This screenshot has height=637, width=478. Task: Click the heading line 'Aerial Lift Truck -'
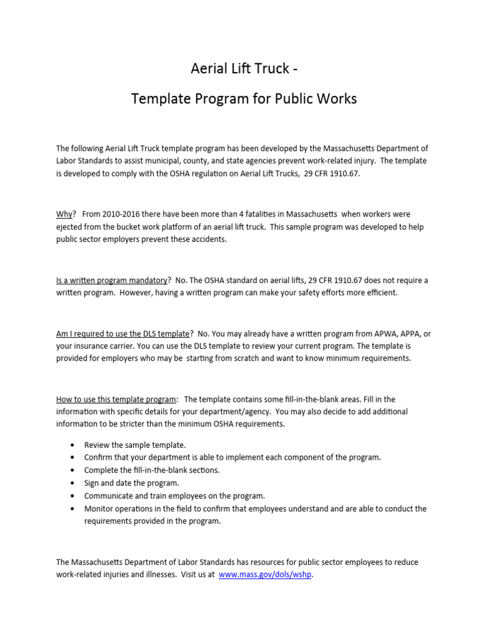pos(240,69)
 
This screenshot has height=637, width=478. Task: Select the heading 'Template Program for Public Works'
pos(243,99)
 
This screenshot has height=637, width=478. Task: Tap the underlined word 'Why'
pos(64,214)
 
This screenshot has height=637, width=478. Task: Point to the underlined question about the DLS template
pos(123,333)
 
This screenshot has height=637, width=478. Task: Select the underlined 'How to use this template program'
pos(116,399)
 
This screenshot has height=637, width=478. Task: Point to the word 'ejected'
pos(69,227)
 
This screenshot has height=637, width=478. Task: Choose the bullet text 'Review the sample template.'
pos(135,445)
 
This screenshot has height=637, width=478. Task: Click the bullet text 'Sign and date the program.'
pos(132,483)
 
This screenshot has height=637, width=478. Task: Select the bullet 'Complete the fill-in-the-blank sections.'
pos(152,470)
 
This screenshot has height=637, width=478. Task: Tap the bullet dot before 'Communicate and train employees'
pos(73,496)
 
